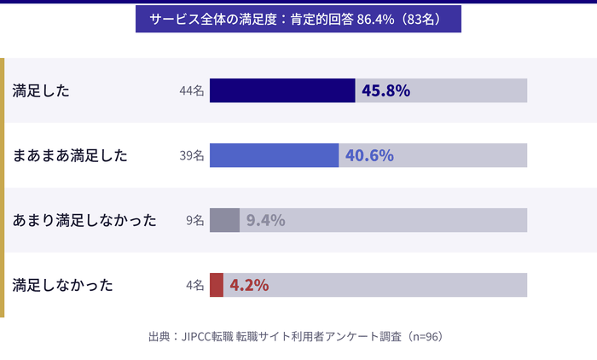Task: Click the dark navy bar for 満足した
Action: click(x=282, y=90)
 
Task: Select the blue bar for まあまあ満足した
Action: click(x=274, y=155)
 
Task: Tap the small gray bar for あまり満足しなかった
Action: click(x=224, y=220)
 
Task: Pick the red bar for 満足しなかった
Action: click(x=217, y=285)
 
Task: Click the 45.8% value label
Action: click(x=386, y=90)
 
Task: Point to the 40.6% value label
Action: click(x=369, y=155)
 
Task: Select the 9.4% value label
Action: click(x=265, y=220)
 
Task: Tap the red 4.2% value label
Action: click(x=249, y=285)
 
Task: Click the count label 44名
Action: click(x=192, y=90)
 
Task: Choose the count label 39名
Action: click(x=192, y=155)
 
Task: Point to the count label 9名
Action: click(x=195, y=220)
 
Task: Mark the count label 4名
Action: click(x=195, y=285)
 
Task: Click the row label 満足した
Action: click(x=41, y=90)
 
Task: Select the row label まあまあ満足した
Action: click(x=70, y=155)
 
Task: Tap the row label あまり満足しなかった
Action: click(x=84, y=220)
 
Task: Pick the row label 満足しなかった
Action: click(x=63, y=285)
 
